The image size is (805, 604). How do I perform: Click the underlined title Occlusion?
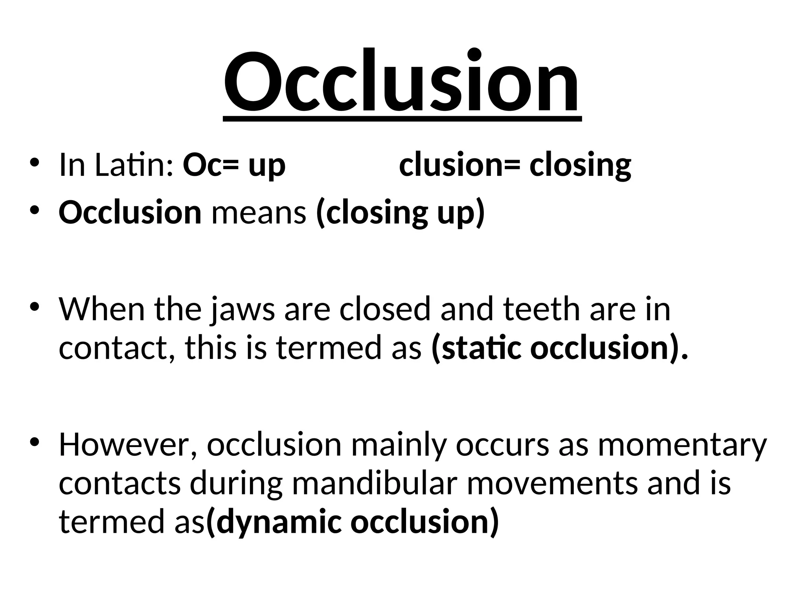pos(401,83)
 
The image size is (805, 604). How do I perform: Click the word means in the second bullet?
pos(259,213)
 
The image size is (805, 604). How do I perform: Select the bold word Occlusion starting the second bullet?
pos(130,213)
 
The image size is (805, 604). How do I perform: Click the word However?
pos(128,445)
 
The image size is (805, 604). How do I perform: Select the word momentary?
pos(682,445)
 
